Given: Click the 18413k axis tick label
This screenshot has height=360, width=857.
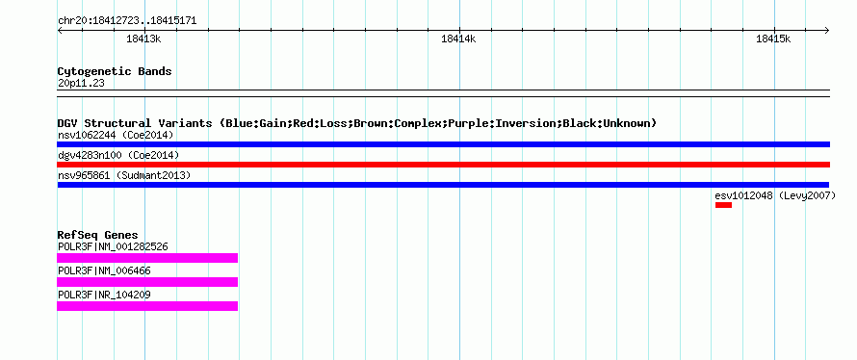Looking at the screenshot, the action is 143,39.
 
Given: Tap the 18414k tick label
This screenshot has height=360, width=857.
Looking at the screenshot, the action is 458,39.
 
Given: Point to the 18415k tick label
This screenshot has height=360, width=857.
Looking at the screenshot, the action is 773,39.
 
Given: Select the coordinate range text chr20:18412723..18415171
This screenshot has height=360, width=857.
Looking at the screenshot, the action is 127,21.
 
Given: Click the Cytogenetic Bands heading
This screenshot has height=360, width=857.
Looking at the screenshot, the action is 115,71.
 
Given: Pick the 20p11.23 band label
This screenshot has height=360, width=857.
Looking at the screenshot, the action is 81,84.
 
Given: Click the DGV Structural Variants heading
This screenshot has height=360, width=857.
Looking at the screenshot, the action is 357,123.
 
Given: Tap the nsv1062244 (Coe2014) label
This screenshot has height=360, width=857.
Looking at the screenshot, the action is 116,135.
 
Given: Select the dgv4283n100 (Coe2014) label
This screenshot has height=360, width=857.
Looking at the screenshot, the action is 118,155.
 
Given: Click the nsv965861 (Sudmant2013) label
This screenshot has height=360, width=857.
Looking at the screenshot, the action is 124,175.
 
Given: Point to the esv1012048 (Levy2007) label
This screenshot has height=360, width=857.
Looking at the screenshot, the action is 775,195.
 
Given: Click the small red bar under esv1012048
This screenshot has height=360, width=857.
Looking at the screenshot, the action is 723,205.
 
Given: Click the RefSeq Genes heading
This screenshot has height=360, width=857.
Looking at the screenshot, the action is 98,236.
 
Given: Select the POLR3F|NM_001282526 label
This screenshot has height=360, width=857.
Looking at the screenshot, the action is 113,247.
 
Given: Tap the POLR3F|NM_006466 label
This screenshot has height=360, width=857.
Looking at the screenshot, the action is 104,270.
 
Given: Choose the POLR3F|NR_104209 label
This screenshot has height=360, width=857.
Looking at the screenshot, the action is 104,295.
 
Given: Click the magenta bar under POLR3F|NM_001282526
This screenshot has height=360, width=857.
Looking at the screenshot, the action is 147,258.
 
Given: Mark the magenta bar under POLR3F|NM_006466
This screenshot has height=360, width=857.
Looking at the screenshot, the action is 147,282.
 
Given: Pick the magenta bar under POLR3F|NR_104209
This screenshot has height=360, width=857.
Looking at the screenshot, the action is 147,306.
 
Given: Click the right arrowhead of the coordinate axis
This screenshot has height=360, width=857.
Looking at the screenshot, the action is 827,30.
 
